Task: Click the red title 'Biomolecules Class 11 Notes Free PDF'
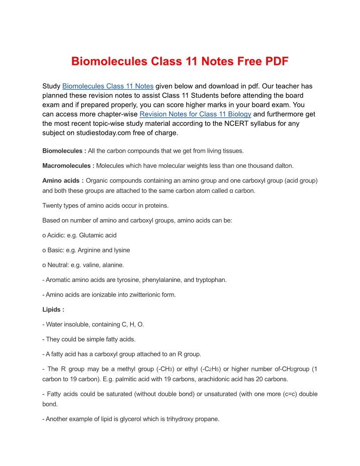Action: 180,61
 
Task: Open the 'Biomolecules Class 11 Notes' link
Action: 108,86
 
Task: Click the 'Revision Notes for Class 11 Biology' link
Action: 195,114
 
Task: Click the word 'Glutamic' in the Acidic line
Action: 91,235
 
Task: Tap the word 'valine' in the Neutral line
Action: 86,265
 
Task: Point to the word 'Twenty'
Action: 52,205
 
